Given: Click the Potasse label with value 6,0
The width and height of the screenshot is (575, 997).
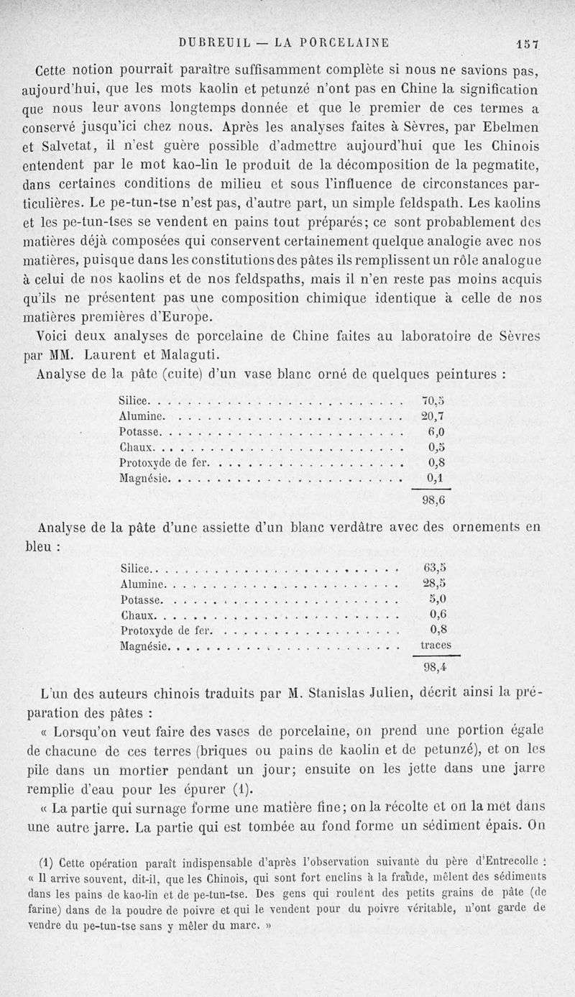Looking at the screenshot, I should pos(140,433).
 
